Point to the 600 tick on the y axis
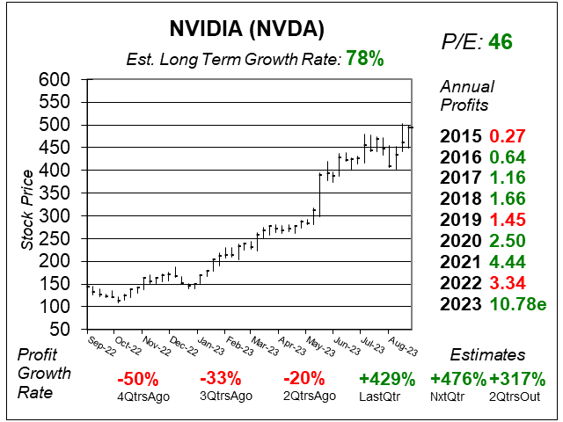(x=57, y=79)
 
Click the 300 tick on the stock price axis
(x=57, y=215)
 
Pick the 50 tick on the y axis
(x=62, y=329)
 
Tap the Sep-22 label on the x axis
(x=101, y=342)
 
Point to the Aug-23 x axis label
(x=402, y=342)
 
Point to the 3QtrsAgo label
(x=226, y=397)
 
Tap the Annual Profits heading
(x=466, y=95)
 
